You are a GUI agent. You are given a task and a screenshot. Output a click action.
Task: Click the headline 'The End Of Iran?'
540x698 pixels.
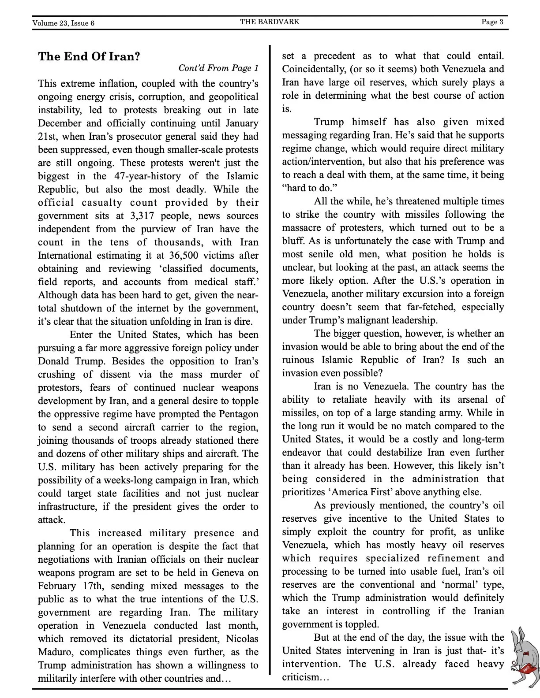89,56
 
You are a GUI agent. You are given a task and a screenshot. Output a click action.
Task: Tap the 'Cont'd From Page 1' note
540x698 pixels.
218,68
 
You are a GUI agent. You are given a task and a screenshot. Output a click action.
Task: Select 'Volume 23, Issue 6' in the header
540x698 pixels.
63,23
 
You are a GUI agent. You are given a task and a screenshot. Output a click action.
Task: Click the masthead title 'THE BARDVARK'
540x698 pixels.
270,22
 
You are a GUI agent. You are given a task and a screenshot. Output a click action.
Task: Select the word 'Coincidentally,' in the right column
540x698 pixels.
313,69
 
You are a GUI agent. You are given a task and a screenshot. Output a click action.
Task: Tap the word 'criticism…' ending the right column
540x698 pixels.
306,677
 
